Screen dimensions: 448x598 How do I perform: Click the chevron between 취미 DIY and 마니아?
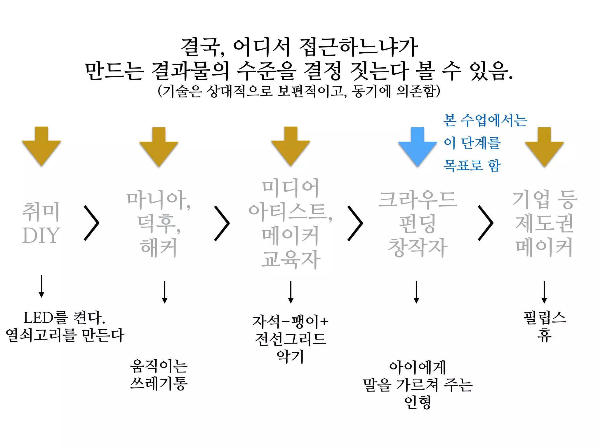pyautogui.click(x=92, y=223)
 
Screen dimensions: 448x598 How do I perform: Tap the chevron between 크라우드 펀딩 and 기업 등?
pyautogui.click(x=486, y=223)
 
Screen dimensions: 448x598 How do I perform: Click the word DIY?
pyautogui.click(x=41, y=236)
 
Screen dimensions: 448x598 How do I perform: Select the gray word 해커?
pyautogui.click(x=159, y=247)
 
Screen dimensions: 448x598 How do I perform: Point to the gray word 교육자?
pyautogui.click(x=291, y=259)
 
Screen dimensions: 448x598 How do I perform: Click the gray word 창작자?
pyautogui.click(x=418, y=247)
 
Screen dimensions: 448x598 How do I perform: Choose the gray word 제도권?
pyautogui.click(x=544, y=223)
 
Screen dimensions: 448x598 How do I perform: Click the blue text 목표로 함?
pyautogui.click(x=472, y=165)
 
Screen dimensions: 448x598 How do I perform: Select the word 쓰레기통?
pyautogui.click(x=159, y=383)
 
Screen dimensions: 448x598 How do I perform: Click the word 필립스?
pyautogui.click(x=545, y=318)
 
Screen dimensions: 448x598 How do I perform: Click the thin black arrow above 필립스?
pyautogui.click(x=544, y=292)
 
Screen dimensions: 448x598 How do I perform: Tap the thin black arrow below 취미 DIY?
pyautogui.click(x=41, y=286)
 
